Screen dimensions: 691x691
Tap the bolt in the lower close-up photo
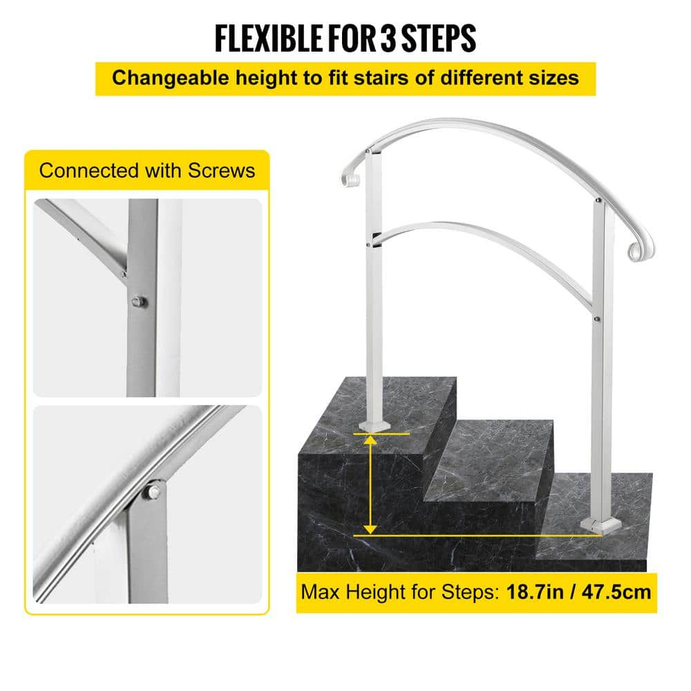pyautogui.click(x=153, y=492)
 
